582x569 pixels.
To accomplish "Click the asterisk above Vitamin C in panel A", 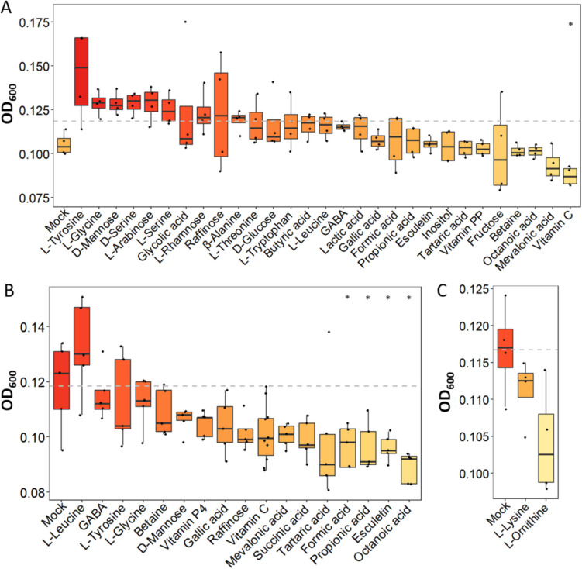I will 570,25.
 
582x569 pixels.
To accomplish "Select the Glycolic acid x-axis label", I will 167,218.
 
